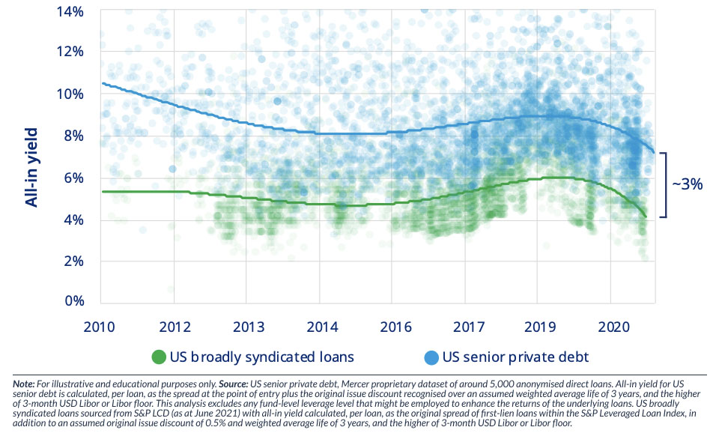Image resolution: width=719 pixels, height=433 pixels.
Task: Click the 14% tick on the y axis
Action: [x=70, y=12]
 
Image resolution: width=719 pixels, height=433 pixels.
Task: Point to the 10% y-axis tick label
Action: [x=70, y=94]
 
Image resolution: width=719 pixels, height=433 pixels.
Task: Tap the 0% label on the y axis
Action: [x=73, y=301]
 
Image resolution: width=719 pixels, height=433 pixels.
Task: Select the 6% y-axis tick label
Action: [x=73, y=178]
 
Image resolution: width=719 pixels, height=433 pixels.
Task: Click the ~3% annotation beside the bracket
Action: [x=688, y=184]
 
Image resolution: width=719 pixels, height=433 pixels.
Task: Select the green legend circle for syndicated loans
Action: [x=158, y=357]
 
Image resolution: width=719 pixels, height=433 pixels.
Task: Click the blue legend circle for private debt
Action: [x=433, y=357]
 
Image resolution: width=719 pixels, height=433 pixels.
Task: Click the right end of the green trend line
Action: [x=646, y=217]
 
